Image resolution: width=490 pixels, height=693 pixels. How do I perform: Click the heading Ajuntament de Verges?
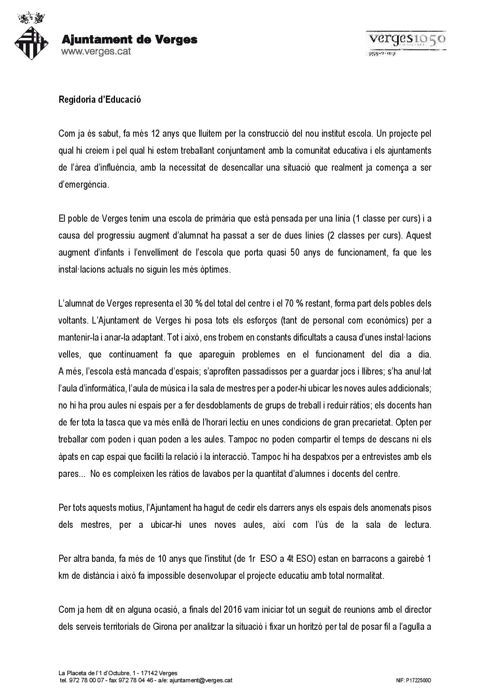tap(129, 40)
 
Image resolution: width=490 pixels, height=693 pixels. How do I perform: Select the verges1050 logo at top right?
tap(406, 43)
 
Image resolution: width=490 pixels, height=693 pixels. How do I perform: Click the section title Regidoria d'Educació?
tap(100, 100)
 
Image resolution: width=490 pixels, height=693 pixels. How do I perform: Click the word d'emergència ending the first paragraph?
tap(83, 185)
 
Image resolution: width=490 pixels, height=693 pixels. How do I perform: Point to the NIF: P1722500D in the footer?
tap(413, 680)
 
